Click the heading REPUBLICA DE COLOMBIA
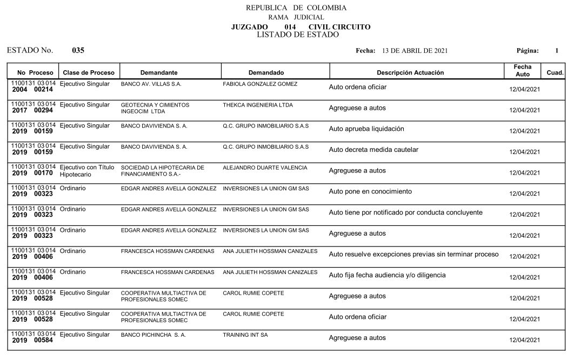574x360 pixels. click(296, 8)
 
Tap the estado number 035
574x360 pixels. click(78, 50)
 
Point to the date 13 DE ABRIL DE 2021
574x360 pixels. click(415, 51)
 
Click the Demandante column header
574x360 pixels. click(159, 72)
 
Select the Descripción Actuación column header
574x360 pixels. click(410, 72)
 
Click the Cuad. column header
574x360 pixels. click(555, 72)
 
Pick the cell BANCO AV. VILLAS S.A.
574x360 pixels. click(151, 84)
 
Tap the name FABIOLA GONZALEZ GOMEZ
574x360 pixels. click(260, 84)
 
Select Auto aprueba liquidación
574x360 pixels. click(366, 129)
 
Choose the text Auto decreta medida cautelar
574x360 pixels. click(373, 150)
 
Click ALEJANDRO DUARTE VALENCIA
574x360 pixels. click(265, 168)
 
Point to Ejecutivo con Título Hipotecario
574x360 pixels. click(87, 171)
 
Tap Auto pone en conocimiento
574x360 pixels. click(370, 191)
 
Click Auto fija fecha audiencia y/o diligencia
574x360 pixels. click(387, 275)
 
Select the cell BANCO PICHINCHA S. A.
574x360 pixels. click(153, 335)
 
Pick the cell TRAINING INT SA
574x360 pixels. click(245, 335)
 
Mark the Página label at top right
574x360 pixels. click(528, 51)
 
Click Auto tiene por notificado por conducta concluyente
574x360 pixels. click(405, 212)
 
